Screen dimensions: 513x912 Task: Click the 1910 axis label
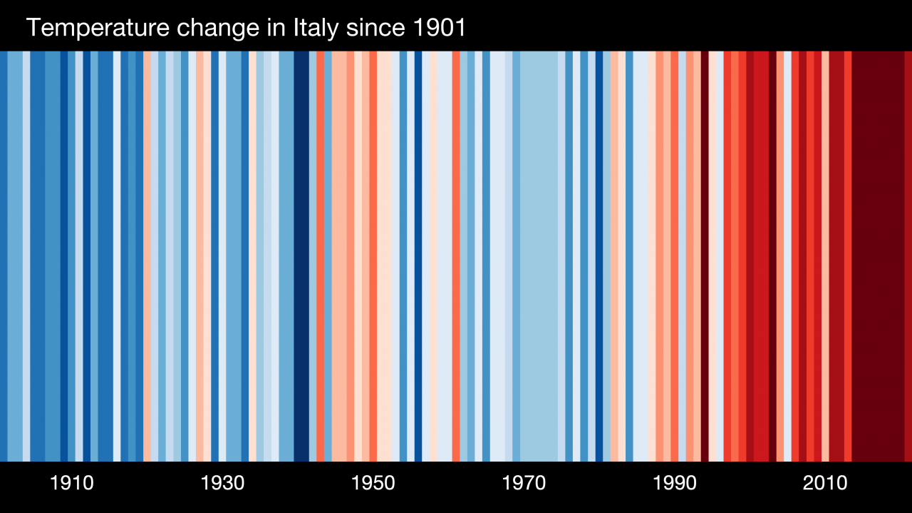72,483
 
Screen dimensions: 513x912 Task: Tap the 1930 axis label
223,483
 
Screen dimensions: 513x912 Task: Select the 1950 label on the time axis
373,483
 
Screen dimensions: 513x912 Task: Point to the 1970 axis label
524,483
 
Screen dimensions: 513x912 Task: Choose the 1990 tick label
675,483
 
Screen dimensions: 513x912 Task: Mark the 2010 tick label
825,483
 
